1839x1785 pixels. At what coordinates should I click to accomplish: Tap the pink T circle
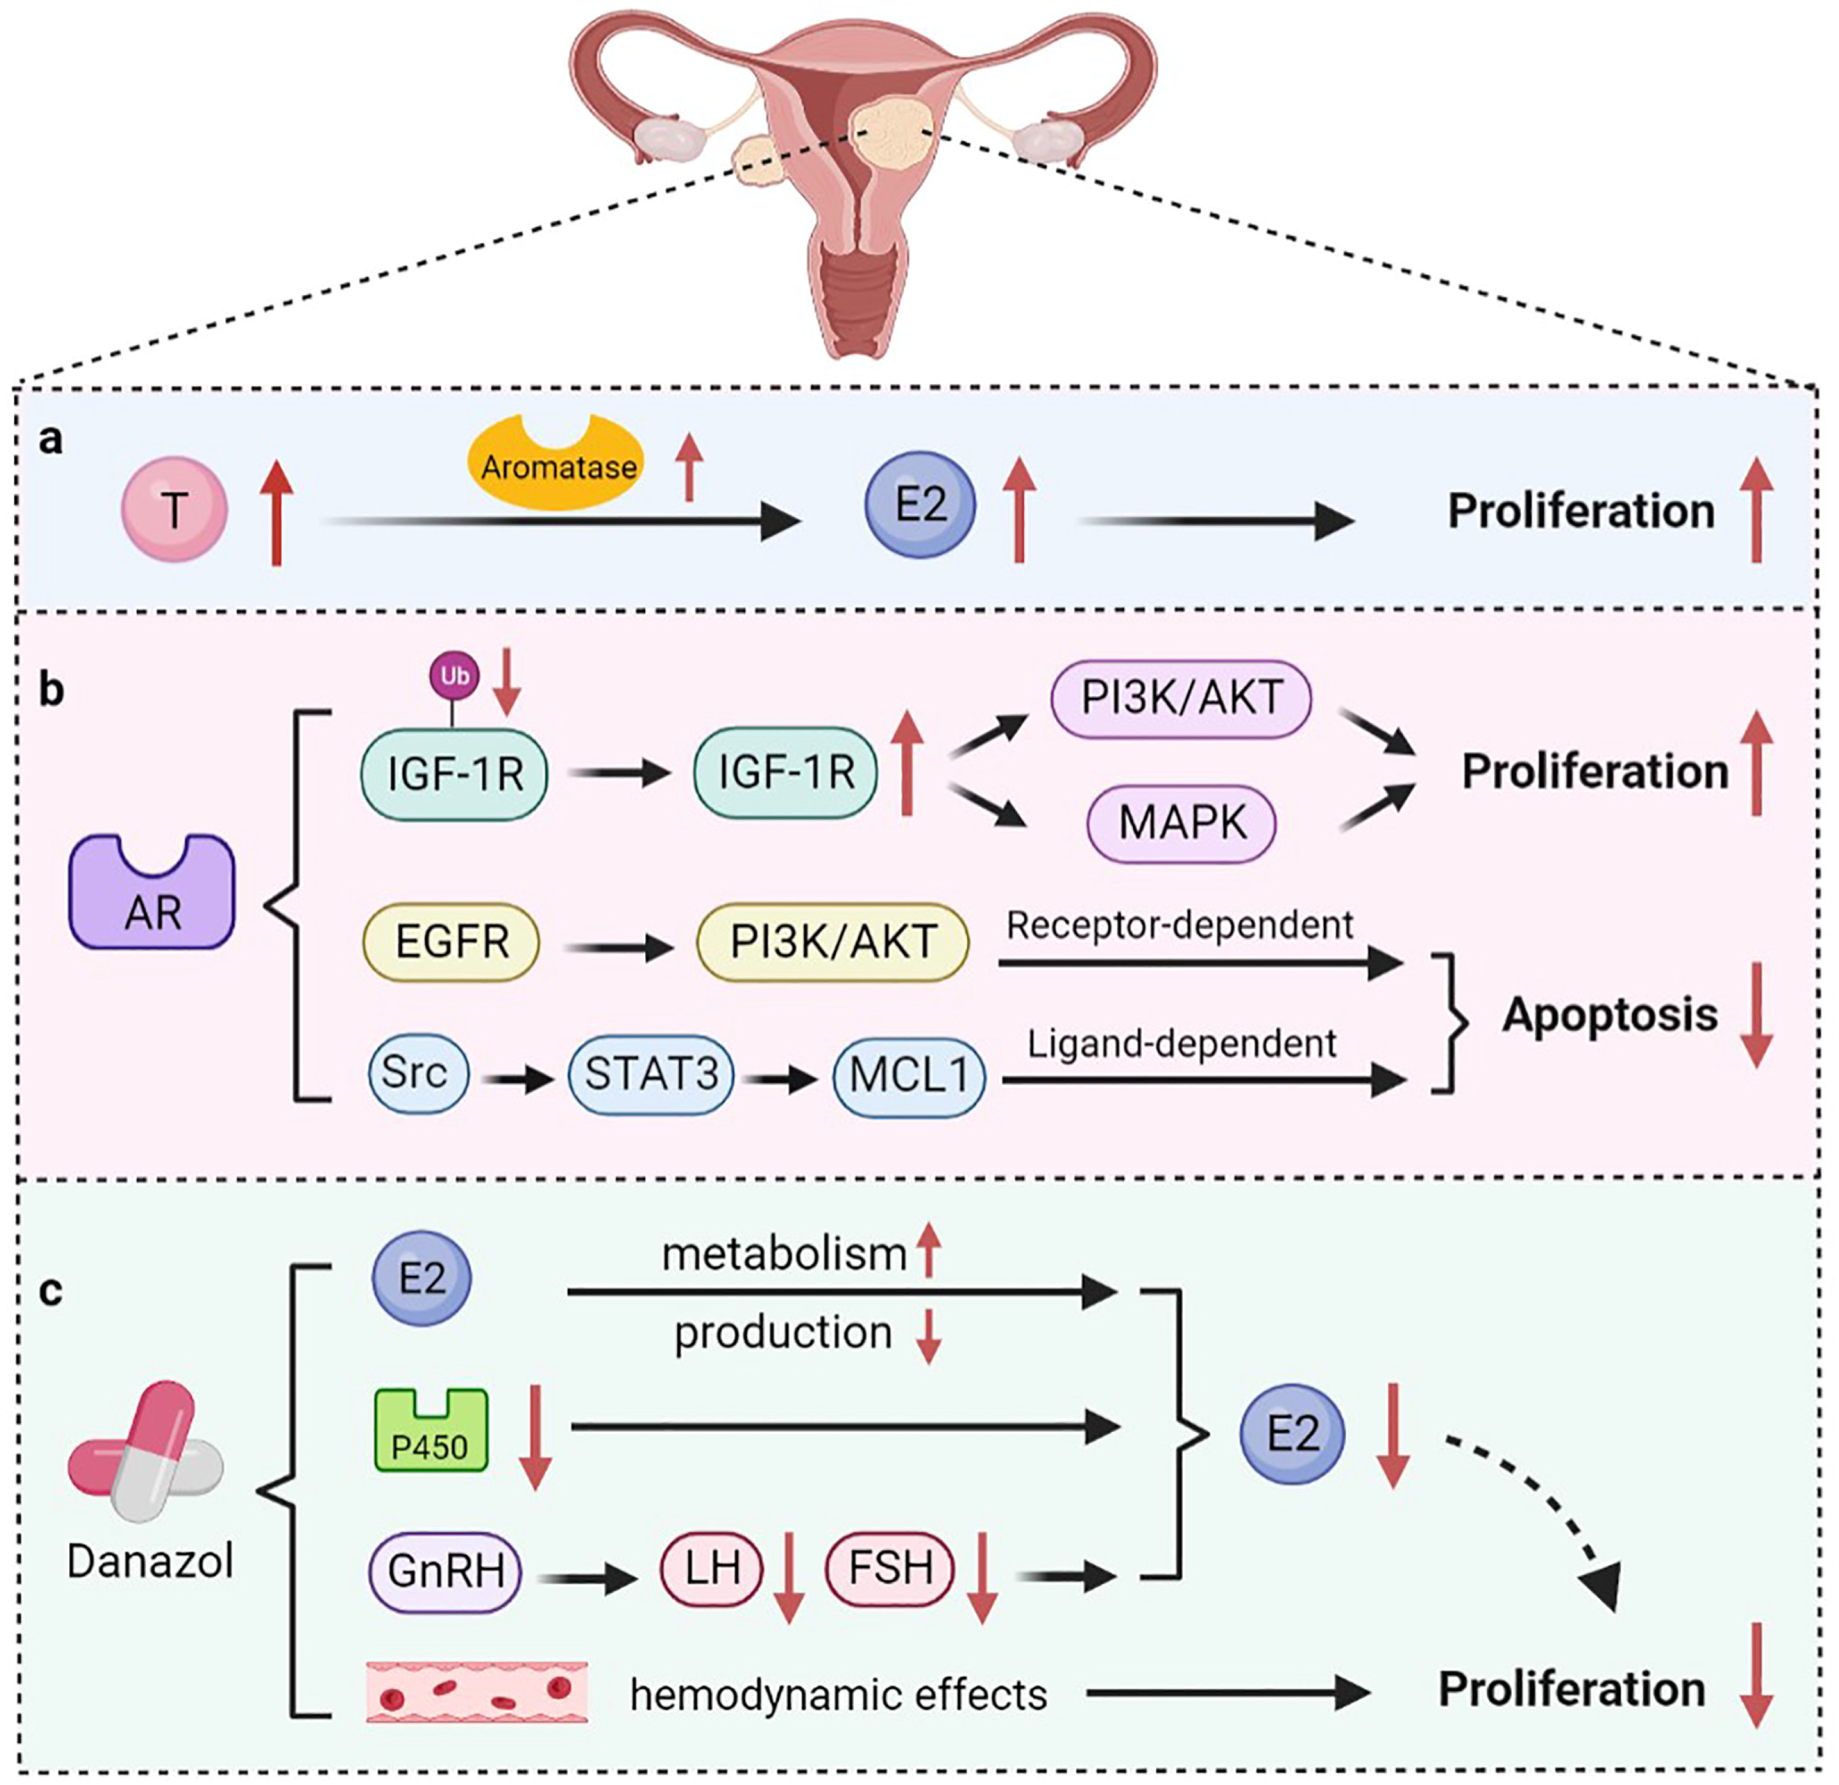pyautogui.click(x=175, y=509)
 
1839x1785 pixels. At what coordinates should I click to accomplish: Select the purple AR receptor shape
pyautogui.click(x=152, y=892)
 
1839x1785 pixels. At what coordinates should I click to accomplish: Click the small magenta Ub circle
pyautogui.click(x=454, y=676)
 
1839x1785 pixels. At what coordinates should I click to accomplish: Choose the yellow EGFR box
pyautogui.click(x=451, y=942)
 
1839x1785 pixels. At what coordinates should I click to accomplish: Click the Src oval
pyautogui.click(x=417, y=1073)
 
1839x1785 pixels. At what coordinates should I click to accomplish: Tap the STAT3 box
pyautogui.click(x=651, y=1075)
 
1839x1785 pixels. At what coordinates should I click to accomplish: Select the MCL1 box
pyautogui.click(x=909, y=1076)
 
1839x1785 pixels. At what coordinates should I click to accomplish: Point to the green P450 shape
pyautogui.click(x=431, y=1429)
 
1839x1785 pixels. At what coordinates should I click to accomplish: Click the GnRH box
pyautogui.click(x=446, y=1570)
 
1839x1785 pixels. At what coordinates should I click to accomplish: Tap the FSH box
pyautogui.click(x=890, y=1568)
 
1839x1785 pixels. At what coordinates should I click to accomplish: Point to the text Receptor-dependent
pyautogui.click(x=1180, y=926)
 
